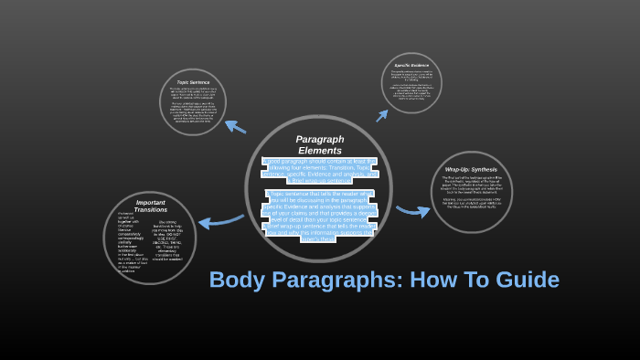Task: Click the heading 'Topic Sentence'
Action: pos(193,82)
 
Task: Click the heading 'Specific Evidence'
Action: pos(411,66)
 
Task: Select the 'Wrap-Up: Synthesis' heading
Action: pos(471,170)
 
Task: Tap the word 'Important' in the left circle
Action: pos(150,202)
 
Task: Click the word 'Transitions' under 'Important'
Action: pos(150,210)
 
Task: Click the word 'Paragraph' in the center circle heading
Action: pos(320,139)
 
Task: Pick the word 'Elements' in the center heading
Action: pos(320,150)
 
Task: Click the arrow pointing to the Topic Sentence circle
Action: pos(235,127)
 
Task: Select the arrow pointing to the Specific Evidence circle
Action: pos(381,115)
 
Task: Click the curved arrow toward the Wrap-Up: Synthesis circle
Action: pos(412,211)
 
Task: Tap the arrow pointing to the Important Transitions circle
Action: pos(219,220)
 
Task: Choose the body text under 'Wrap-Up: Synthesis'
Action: pos(471,192)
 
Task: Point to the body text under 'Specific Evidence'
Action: pos(411,87)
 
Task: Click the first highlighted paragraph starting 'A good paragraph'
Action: pos(319,170)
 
